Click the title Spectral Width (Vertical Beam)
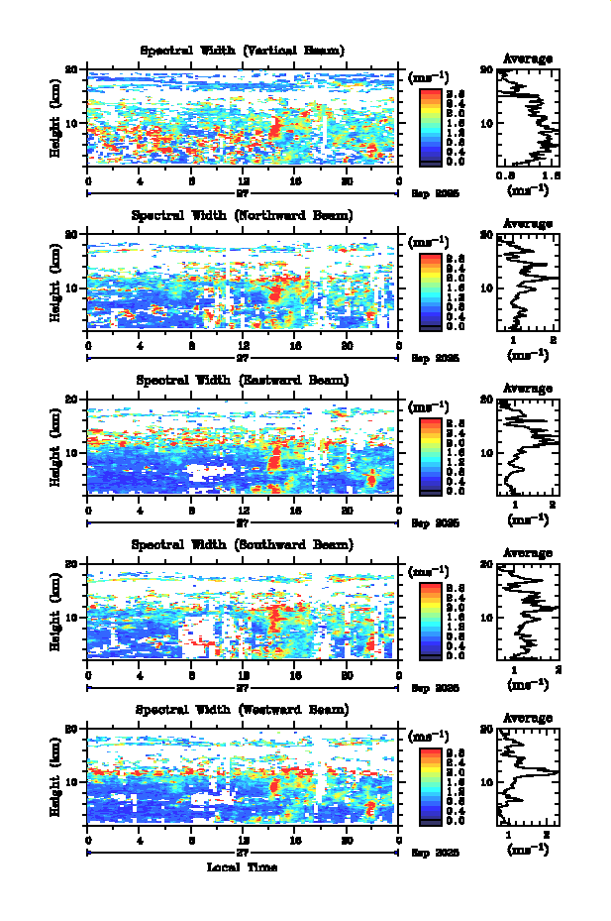click(x=243, y=51)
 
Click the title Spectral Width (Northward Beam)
click(x=243, y=215)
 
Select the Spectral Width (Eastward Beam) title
click(x=243, y=381)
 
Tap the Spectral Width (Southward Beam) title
click(x=243, y=545)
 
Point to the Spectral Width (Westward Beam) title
click(x=243, y=710)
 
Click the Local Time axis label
click(x=242, y=867)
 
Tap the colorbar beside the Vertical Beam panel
click(x=430, y=126)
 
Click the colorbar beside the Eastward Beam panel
click(x=430, y=456)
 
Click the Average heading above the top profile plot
click(x=527, y=58)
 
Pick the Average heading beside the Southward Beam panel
click(x=527, y=553)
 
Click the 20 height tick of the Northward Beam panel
click(x=72, y=235)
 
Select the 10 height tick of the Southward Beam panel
click(x=72, y=618)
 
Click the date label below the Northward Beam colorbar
click(x=436, y=358)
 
